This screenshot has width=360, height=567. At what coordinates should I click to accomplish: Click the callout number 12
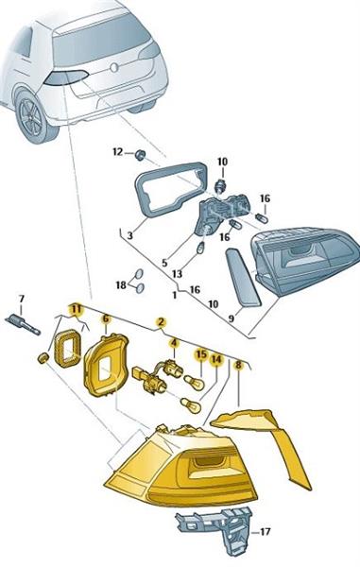click(118, 152)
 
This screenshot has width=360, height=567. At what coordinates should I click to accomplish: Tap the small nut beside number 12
click(139, 155)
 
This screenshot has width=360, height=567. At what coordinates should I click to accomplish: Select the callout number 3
click(130, 235)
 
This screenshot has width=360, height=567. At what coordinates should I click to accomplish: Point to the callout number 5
click(164, 263)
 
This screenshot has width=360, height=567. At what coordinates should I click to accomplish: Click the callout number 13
click(177, 274)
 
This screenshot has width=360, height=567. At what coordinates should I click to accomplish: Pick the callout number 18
click(121, 285)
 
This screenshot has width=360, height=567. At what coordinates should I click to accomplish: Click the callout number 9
click(231, 318)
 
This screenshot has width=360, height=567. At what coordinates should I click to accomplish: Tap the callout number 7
click(22, 299)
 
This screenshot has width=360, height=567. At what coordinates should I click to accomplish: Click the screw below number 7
click(23, 324)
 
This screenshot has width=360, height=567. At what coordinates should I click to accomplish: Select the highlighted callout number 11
click(76, 309)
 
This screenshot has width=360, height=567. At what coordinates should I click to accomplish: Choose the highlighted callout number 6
click(106, 319)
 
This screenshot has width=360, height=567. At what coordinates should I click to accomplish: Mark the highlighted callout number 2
click(161, 322)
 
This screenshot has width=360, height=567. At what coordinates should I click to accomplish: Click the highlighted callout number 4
click(174, 342)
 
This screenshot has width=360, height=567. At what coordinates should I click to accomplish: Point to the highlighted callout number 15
click(201, 354)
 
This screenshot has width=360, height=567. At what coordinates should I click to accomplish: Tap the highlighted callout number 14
click(216, 359)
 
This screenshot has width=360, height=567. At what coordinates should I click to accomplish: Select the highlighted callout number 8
click(238, 365)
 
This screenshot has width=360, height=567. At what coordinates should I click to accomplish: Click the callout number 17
click(265, 532)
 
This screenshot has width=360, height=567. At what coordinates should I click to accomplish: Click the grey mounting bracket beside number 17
click(214, 529)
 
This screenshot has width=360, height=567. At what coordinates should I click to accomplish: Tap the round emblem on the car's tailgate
click(114, 68)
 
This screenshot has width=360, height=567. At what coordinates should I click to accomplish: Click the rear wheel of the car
click(32, 116)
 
